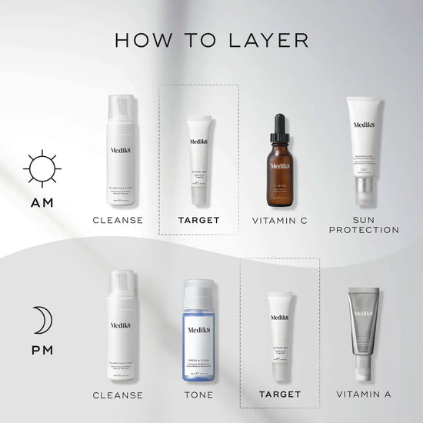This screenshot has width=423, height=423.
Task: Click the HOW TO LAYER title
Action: click(211, 39)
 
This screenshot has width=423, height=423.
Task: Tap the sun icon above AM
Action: click(42, 168)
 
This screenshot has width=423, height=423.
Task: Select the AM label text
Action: click(42, 204)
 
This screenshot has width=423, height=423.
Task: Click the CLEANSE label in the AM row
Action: click(118, 220)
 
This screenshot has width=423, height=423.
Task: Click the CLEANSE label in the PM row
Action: click(118, 395)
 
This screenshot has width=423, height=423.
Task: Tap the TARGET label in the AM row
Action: click(199, 220)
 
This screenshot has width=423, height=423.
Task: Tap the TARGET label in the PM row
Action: click(280, 395)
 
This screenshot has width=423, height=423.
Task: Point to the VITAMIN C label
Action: click(280, 220)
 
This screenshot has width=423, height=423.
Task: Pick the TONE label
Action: click(199, 395)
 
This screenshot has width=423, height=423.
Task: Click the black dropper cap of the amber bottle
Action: click(280, 125)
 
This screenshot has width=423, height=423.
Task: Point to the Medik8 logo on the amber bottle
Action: click(280, 165)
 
